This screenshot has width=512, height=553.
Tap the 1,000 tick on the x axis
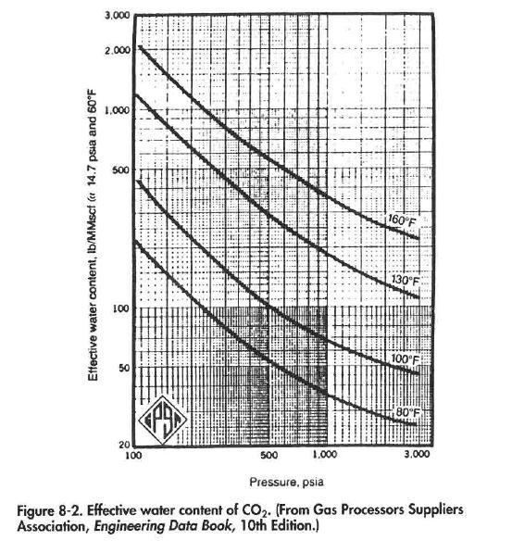[325, 456]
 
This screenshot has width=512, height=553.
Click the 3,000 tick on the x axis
[418, 456]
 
